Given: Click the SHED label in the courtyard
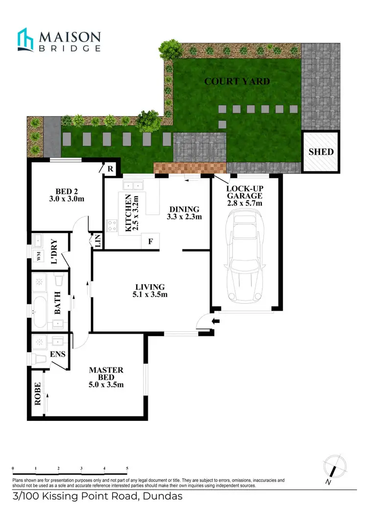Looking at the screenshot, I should (321, 151).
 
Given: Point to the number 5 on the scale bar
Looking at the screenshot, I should (127, 469).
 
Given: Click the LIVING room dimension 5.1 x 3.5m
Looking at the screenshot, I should (150, 295).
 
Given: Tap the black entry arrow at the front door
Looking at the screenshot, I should (216, 321).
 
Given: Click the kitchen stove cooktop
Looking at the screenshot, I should (113, 226).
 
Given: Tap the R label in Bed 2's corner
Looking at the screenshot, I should (111, 169).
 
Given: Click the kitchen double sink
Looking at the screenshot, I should (133, 185).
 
